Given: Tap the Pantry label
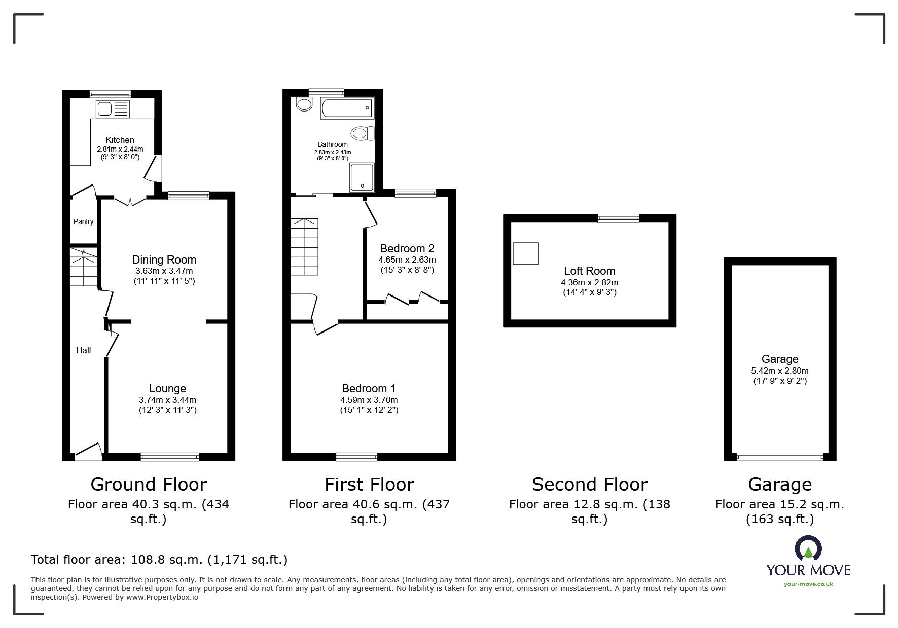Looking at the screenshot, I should tap(84, 221).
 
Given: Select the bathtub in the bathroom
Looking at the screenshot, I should tap(346, 109).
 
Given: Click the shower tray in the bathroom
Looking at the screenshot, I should tap(362, 177).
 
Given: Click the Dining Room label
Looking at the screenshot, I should tap(164, 260).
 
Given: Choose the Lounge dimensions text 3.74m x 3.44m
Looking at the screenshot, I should tap(167, 400).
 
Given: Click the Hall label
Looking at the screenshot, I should tap(84, 350).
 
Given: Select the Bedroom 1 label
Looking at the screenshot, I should tap(369, 389).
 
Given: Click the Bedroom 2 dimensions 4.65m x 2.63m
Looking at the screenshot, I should tap(407, 260).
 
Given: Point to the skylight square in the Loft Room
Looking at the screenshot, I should tap(526, 253).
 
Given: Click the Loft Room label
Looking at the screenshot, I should tap(589, 271).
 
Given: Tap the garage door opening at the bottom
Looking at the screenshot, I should tap(779, 457).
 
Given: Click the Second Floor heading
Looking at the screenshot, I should tap(589, 485).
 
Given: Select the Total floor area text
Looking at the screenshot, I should tap(159, 560).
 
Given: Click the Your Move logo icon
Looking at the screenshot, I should tap(808, 548).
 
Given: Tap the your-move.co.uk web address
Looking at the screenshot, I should tap(808, 584).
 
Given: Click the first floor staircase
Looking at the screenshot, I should tap(304, 246).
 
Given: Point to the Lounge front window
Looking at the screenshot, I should tap(170, 457).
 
